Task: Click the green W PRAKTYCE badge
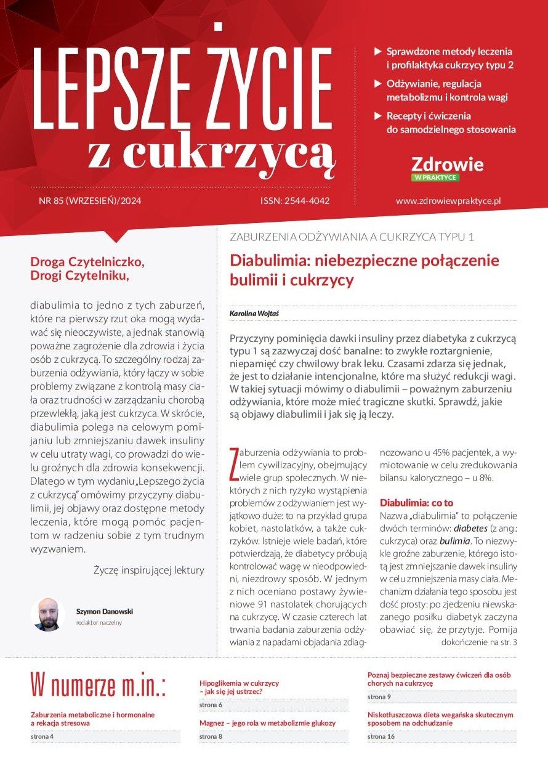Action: tap(435, 177)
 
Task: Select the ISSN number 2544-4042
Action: tap(295, 200)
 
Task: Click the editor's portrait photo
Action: tap(47, 614)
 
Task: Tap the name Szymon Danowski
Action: tap(105, 611)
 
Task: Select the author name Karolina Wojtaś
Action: tap(252, 314)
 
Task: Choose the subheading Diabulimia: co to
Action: tap(416, 502)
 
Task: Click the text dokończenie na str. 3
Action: tap(480, 642)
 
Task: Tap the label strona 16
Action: tap(381, 736)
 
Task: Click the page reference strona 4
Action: tap(46, 736)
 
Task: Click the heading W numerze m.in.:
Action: tap(99, 684)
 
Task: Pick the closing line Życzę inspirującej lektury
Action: tap(148, 570)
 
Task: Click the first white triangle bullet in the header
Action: tap(378, 51)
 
